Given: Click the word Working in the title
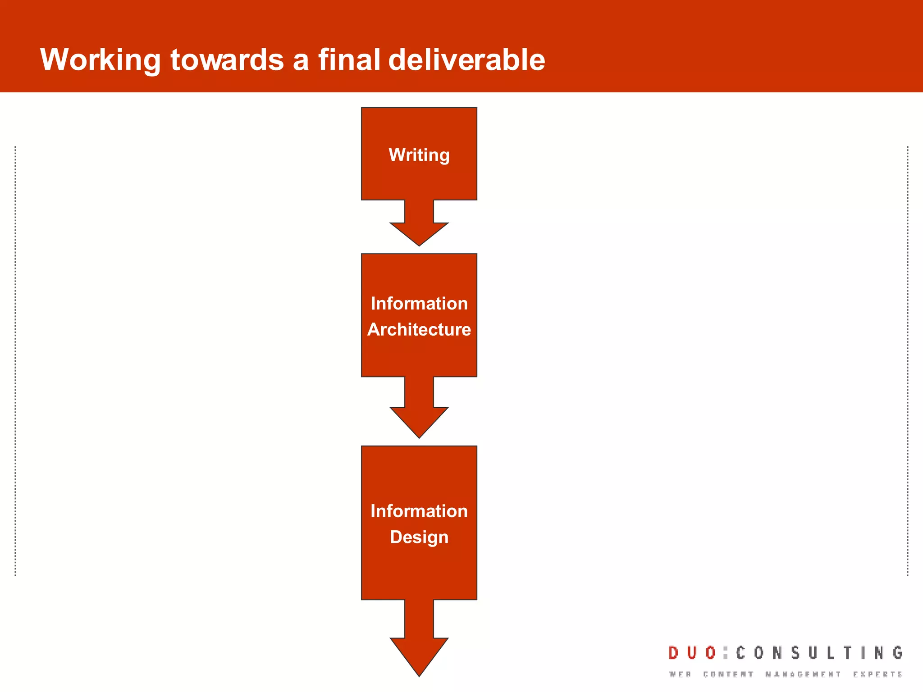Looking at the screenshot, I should (100, 59).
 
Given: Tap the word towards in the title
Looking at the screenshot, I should (227, 59).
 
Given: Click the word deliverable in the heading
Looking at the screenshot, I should (466, 59).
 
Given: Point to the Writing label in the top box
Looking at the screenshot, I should (419, 155).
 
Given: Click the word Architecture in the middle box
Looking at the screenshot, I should (419, 330).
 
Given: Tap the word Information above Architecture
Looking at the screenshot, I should (419, 304).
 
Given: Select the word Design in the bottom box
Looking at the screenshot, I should (419, 537).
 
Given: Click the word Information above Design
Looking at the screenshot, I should (419, 511).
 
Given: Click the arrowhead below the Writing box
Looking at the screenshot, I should (419, 232).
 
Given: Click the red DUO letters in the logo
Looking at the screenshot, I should (692, 653).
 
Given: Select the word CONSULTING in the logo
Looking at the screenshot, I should (819, 653).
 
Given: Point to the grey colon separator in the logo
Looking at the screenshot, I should (725, 653).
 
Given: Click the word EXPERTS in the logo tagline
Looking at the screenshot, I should (877, 674).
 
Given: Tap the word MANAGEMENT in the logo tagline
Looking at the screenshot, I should (803, 674).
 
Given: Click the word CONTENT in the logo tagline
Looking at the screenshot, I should (728, 674).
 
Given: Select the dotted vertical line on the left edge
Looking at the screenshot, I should (15, 360).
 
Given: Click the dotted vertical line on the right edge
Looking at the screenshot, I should (907, 360).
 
